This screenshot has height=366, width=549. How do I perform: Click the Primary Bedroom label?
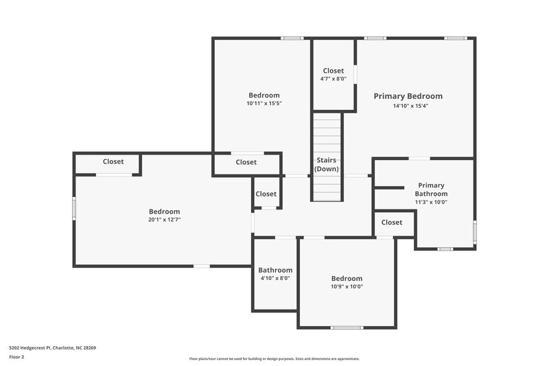(408, 96)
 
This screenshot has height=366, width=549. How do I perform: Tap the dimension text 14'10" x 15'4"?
(410, 106)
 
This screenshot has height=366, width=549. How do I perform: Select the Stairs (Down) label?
(327, 164)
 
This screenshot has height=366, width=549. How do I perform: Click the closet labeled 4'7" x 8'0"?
(334, 74)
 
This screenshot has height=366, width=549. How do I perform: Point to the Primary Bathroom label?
(431, 190)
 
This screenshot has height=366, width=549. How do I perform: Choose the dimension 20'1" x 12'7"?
(165, 220)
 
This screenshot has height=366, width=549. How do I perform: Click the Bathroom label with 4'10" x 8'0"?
(275, 270)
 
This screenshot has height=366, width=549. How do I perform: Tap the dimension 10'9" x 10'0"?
(347, 286)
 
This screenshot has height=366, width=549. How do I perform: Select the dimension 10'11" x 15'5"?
(264, 103)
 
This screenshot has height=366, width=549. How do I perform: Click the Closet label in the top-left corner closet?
(113, 161)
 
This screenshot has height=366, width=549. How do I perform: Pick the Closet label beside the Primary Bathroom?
(392, 222)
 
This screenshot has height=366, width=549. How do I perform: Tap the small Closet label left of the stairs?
(266, 194)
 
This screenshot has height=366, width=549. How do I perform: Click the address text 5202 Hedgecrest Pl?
(52, 347)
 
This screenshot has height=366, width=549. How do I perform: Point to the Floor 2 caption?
(16, 357)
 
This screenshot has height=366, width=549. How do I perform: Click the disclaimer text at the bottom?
(274, 358)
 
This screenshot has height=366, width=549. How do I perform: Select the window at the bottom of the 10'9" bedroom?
(347, 328)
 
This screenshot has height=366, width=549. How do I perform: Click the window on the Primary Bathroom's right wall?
(474, 232)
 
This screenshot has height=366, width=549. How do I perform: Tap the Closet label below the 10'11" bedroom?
(246, 162)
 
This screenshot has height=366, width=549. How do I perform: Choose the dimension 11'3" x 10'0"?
(431, 202)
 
